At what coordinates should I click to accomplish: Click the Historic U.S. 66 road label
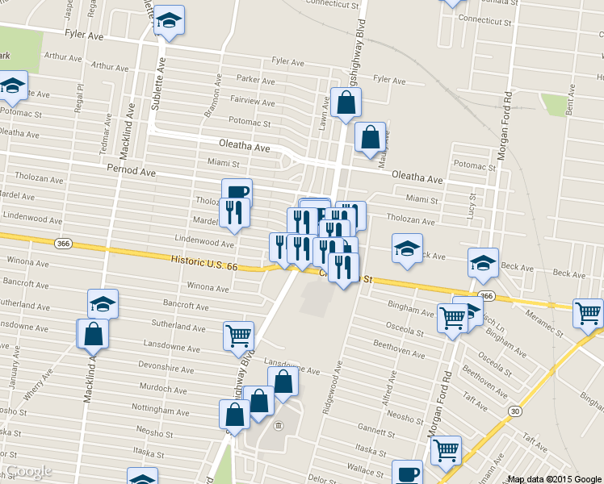tap(204, 263)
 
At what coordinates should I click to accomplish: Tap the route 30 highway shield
tap(514, 411)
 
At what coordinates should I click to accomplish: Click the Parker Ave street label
tap(256, 79)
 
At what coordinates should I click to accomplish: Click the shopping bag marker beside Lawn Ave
tap(346, 103)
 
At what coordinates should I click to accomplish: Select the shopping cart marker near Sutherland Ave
tap(238, 336)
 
